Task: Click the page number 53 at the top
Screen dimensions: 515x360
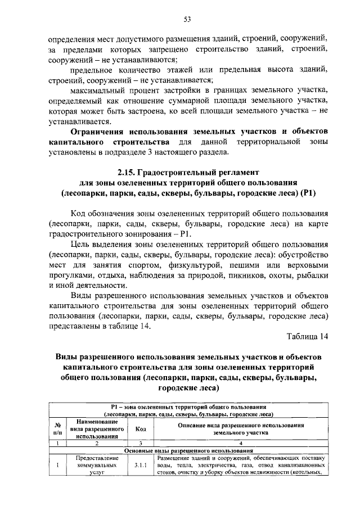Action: click(x=188, y=19)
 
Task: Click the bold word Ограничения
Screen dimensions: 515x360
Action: click(x=101, y=132)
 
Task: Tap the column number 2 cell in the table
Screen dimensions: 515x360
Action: click(x=97, y=442)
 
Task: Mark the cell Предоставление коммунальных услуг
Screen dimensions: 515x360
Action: click(x=97, y=465)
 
